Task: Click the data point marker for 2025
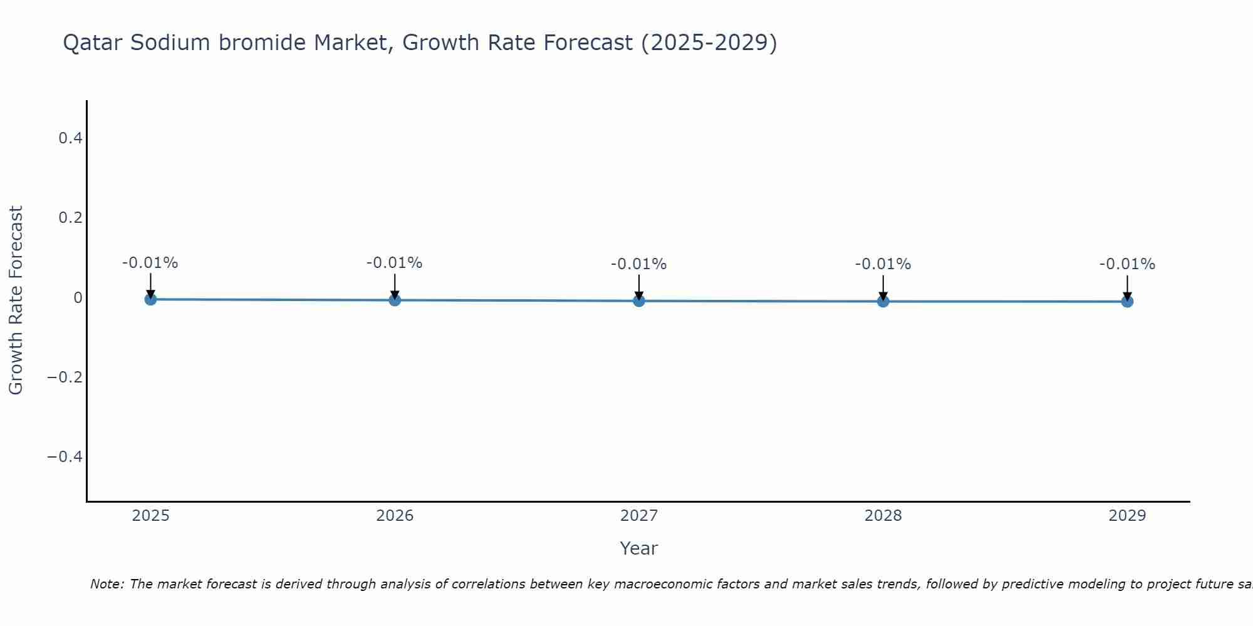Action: [x=150, y=299]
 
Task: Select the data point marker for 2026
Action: [x=395, y=300]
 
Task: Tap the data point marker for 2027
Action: [x=639, y=300]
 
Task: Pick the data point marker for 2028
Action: [x=883, y=301]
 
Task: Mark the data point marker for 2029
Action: [x=1127, y=301]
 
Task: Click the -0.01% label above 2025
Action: [x=150, y=263]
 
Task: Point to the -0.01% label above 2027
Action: [x=639, y=264]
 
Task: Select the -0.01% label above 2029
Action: [x=1127, y=264]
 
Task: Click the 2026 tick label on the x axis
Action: [x=395, y=516]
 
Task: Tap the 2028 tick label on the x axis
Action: [x=883, y=516]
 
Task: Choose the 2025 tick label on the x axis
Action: [x=151, y=516]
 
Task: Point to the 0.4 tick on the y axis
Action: [x=71, y=138]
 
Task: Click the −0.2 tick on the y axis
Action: [x=65, y=377]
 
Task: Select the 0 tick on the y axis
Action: [x=78, y=297]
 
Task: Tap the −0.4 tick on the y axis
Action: [x=65, y=456]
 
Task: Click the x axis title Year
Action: [x=638, y=548]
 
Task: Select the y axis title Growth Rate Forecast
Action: [x=16, y=300]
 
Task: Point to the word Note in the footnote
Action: [x=107, y=584]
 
